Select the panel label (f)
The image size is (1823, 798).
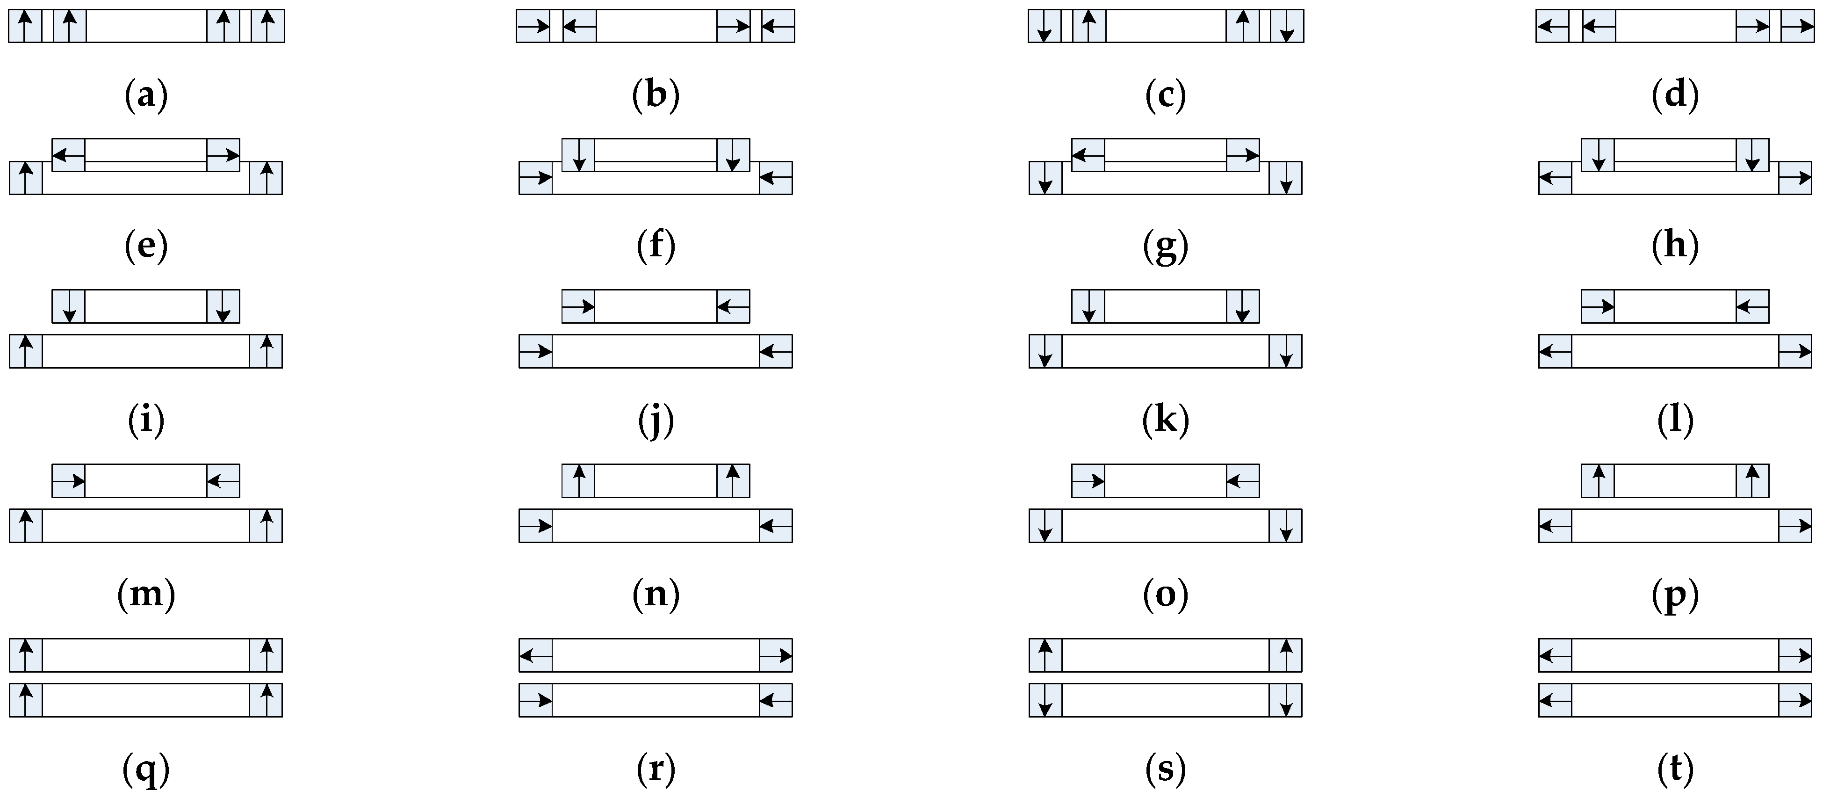[x=656, y=246]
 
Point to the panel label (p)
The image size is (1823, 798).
[x=1675, y=594]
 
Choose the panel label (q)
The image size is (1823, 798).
[x=146, y=768]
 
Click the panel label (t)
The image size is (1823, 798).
[x=1675, y=768]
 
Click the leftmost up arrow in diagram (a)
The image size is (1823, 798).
[x=25, y=26]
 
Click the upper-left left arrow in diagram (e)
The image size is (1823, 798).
[x=69, y=154]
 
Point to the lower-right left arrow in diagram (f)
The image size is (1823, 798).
[x=776, y=178]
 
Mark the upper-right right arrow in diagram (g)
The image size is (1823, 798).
[x=1243, y=154]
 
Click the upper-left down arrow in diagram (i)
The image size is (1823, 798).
[x=69, y=306]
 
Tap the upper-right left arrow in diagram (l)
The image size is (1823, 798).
[x=1752, y=306]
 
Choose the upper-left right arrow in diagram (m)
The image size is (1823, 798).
[x=69, y=481]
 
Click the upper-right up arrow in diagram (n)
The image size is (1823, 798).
[x=733, y=481]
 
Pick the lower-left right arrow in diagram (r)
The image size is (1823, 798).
[x=536, y=700]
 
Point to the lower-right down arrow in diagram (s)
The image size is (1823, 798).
[x=1286, y=700]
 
